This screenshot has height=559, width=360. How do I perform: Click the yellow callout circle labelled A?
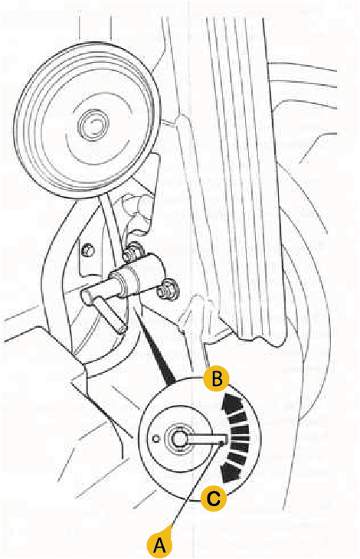[x=159, y=544]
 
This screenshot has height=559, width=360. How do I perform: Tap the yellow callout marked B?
[x=217, y=378]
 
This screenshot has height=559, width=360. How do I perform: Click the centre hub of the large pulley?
[x=93, y=124]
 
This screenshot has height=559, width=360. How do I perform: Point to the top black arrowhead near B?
[x=231, y=402]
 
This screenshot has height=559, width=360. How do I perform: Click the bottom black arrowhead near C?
[x=231, y=472]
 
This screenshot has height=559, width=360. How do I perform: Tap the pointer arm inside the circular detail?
[x=205, y=440]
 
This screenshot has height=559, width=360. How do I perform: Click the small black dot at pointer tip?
[x=222, y=443]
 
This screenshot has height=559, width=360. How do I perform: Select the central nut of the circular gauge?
[x=178, y=440]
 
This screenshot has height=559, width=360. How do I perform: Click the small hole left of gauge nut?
[x=155, y=439]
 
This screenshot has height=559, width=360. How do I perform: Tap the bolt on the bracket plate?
[x=87, y=250]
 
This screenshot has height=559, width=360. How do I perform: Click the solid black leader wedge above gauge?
[x=156, y=351]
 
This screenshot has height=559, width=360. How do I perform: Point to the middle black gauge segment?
[x=241, y=438]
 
